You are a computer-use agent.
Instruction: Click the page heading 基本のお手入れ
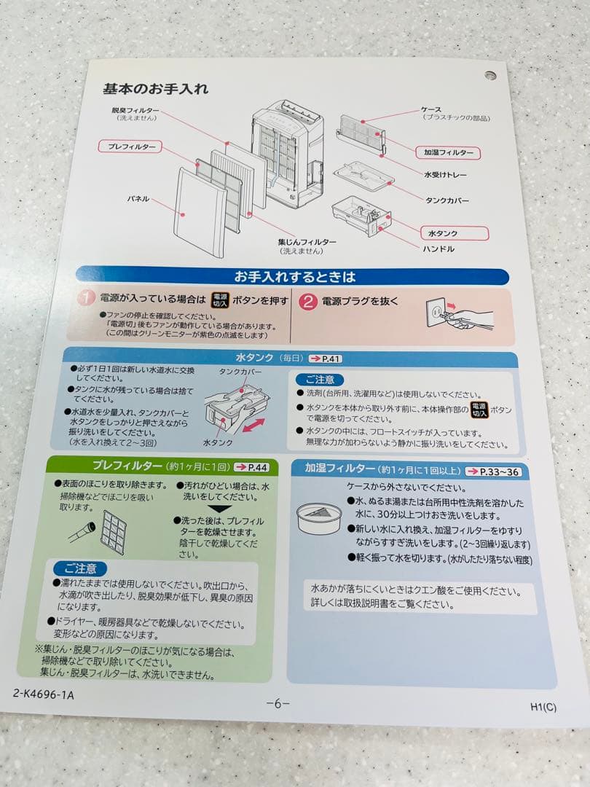[155, 89]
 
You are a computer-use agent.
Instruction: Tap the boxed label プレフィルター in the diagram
[130, 146]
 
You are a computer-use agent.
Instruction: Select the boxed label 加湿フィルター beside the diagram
[448, 152]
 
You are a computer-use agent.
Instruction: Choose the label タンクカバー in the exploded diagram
[447, 200]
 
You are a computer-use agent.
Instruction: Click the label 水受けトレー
[445, 175]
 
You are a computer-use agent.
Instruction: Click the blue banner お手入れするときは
[294, 277]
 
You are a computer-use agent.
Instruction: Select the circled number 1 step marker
[87, 299]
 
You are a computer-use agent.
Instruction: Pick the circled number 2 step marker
[308, 301]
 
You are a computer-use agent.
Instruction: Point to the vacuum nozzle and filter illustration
[98, 528]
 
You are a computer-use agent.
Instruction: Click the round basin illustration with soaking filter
[319, 517]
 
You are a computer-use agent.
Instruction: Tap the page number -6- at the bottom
[278, 703]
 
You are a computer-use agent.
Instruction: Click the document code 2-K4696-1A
[43, 694]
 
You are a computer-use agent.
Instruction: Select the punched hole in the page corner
[489, 75]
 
